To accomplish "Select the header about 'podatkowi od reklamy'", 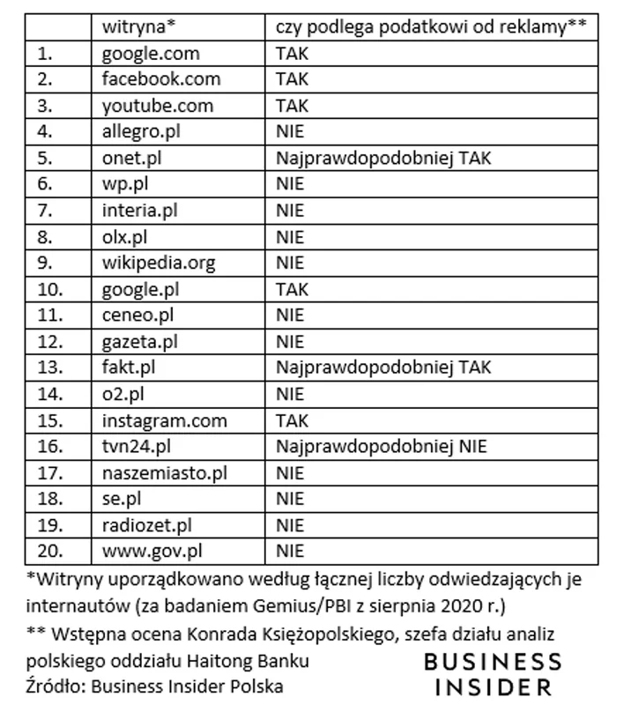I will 430,28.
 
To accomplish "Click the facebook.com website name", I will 161,80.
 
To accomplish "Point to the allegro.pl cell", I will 144,133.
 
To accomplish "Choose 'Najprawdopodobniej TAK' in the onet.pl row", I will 382,159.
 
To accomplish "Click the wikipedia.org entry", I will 159,263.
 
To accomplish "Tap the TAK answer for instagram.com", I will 292,420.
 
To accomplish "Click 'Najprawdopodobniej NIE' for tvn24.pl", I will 381,446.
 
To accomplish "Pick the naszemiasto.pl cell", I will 165,472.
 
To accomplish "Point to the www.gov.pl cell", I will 152,551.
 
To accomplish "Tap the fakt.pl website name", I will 130,367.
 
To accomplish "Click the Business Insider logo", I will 492,673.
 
